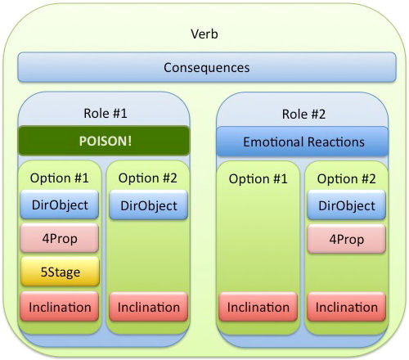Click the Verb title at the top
(x=204, y=34)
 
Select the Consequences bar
(x=207, y=67)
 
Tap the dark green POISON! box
(x=104, y=141)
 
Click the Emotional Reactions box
(x=302, y=142)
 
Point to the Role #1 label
(x=106, y=113)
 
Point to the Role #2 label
(x=303, y=114)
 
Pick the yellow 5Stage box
(x=60, y=272)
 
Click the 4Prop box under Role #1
(x=60, y=238)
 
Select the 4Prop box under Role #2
(x=346, y=239)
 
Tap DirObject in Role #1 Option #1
(x=60, y=205)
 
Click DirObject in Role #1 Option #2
(x=149, y=205)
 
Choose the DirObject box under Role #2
(x=346, y=205)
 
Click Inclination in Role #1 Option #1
(x=60, y=306)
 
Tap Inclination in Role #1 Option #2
(x=149, y=307)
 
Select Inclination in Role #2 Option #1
(x=258, y=307)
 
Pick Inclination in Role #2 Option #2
(x=346, y=307)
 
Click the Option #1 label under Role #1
(x=60, y=178)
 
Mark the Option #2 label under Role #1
(x=148, y=178)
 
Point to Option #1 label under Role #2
(x=258, y=179)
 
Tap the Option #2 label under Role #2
(x=346, y=179)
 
